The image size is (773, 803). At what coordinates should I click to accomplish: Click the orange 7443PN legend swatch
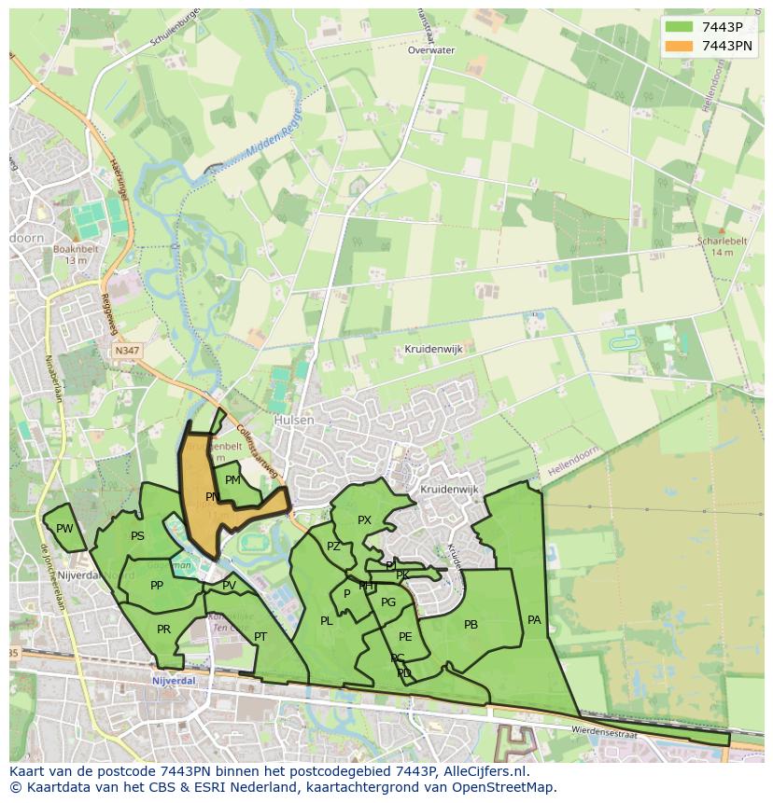tap(680, 46)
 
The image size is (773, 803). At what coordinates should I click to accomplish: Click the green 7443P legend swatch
tap(680, 27)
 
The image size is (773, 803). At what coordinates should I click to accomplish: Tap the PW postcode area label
tap(64, 529)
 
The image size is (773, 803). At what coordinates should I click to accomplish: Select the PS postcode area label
tap(137, 536)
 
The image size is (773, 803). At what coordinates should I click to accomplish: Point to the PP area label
tap(157, 586)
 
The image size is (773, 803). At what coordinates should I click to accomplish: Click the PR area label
tap(164, 630)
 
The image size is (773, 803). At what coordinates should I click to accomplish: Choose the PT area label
tap(260, 637)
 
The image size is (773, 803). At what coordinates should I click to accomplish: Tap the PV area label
tap(229, 586)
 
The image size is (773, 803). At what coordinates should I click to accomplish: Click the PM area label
tap(232, 480)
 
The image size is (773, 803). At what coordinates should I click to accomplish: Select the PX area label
tap(364, 520)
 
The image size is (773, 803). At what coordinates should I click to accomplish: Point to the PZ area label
tap(333, 547)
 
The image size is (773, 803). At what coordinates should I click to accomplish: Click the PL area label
tap(326, 621)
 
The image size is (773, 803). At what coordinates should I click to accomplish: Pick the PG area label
tap(388, 602)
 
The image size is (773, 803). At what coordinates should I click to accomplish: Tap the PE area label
tap(405, 637)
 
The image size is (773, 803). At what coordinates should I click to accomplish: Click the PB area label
tap(471, 625)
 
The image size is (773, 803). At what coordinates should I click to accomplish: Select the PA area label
tap(534, 619)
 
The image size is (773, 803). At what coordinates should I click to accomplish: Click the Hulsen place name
tap(294, 421)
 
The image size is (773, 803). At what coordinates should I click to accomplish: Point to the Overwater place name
tap(431, 50)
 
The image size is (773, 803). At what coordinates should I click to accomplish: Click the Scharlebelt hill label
tap(722, 241)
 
